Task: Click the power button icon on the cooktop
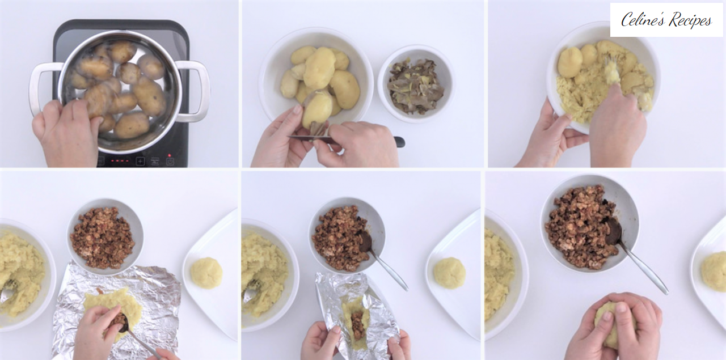(170, 161)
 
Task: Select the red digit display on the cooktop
(120, 160)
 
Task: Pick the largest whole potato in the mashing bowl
(570, 62)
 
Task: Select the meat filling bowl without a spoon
(105, 236)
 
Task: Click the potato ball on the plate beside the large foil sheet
(206, 273)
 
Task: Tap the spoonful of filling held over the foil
(119, 322)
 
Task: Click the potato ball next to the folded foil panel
(450, 273)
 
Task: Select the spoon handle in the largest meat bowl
(643, 268)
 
